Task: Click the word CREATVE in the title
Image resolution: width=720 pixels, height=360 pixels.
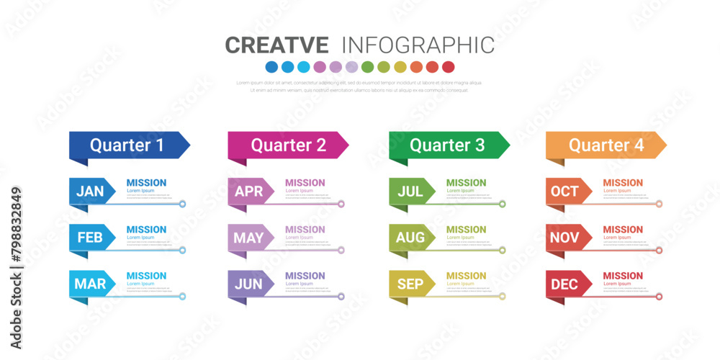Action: [277, 45]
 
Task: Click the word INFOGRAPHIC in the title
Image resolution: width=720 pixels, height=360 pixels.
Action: [418, 45]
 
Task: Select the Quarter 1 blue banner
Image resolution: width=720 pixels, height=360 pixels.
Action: [127, 145]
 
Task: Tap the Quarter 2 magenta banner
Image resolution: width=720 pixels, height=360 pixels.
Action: [287, 145]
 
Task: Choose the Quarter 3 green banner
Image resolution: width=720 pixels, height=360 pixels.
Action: [447, 145]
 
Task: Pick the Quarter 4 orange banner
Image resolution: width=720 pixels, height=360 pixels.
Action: [606, 145]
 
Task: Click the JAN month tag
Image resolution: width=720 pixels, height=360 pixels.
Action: [91, 192]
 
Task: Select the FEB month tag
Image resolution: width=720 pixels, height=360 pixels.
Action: [91, 238]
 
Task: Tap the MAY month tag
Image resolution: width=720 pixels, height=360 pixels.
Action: [249, 238]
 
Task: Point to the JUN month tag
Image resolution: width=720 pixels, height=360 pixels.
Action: [249, 284]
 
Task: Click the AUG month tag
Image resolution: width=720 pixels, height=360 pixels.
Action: [410, 238]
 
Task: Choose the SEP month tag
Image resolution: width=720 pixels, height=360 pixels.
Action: [410, 284]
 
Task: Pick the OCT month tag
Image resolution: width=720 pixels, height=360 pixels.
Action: [565, 192]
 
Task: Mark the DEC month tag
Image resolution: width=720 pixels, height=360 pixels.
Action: [565, 284]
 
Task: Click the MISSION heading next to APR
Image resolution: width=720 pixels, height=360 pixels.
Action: [305, 183]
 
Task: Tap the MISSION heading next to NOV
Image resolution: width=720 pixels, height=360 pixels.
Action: [623, 230]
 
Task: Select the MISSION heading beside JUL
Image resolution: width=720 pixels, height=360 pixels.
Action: [466, 183]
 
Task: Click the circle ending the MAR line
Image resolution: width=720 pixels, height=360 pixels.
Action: [182, 296]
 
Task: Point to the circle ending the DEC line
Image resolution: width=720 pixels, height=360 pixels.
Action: [658, 296]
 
